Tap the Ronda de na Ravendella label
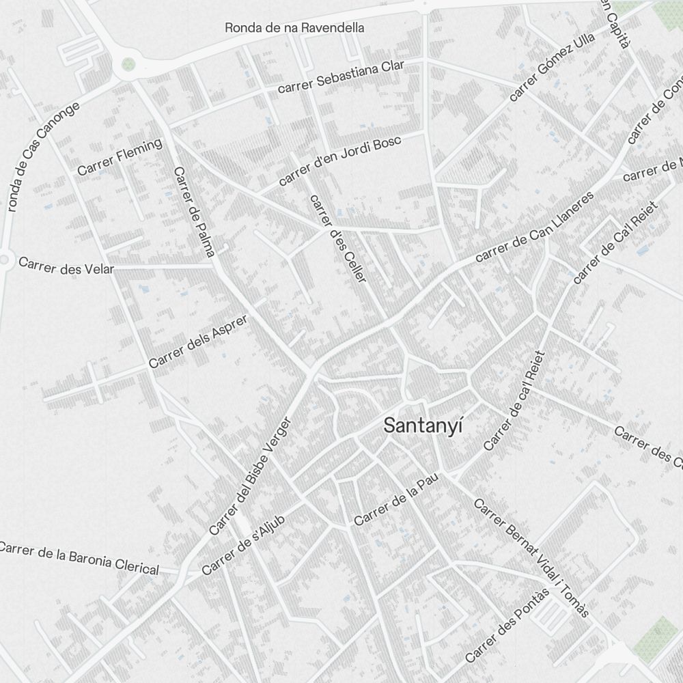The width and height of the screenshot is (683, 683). [294, 28]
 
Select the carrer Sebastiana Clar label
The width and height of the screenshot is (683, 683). [341, 76]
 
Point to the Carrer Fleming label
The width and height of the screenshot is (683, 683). [120, 157]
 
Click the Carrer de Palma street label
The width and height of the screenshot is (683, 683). [194, 212]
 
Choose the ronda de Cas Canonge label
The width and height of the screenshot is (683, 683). [43, 156]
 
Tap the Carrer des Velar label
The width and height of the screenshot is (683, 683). [66, 266]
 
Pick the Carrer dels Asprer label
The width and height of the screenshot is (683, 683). [197, 344]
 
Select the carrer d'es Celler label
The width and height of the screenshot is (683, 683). [338, 238]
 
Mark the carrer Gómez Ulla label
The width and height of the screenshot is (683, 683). [552, 66]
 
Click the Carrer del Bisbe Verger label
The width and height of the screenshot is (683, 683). [250, 476]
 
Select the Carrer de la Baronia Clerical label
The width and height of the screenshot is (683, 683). [79, 558]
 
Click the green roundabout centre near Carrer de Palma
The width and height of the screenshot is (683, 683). [128, 65]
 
